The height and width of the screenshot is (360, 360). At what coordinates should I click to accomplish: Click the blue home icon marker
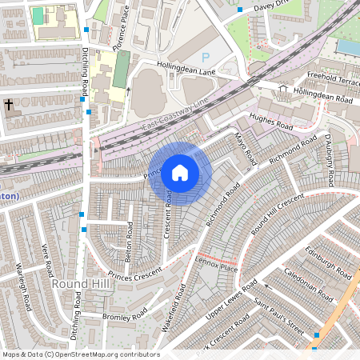(x=180, y=173)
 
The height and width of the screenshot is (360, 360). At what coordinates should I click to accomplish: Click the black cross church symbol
(x=9, y=105)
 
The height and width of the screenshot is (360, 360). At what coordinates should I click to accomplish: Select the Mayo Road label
(x=243, y=150)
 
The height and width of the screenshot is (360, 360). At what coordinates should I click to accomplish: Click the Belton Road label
(x=128, y=236)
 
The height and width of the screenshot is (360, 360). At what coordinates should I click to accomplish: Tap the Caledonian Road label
(x=307, y=285)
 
